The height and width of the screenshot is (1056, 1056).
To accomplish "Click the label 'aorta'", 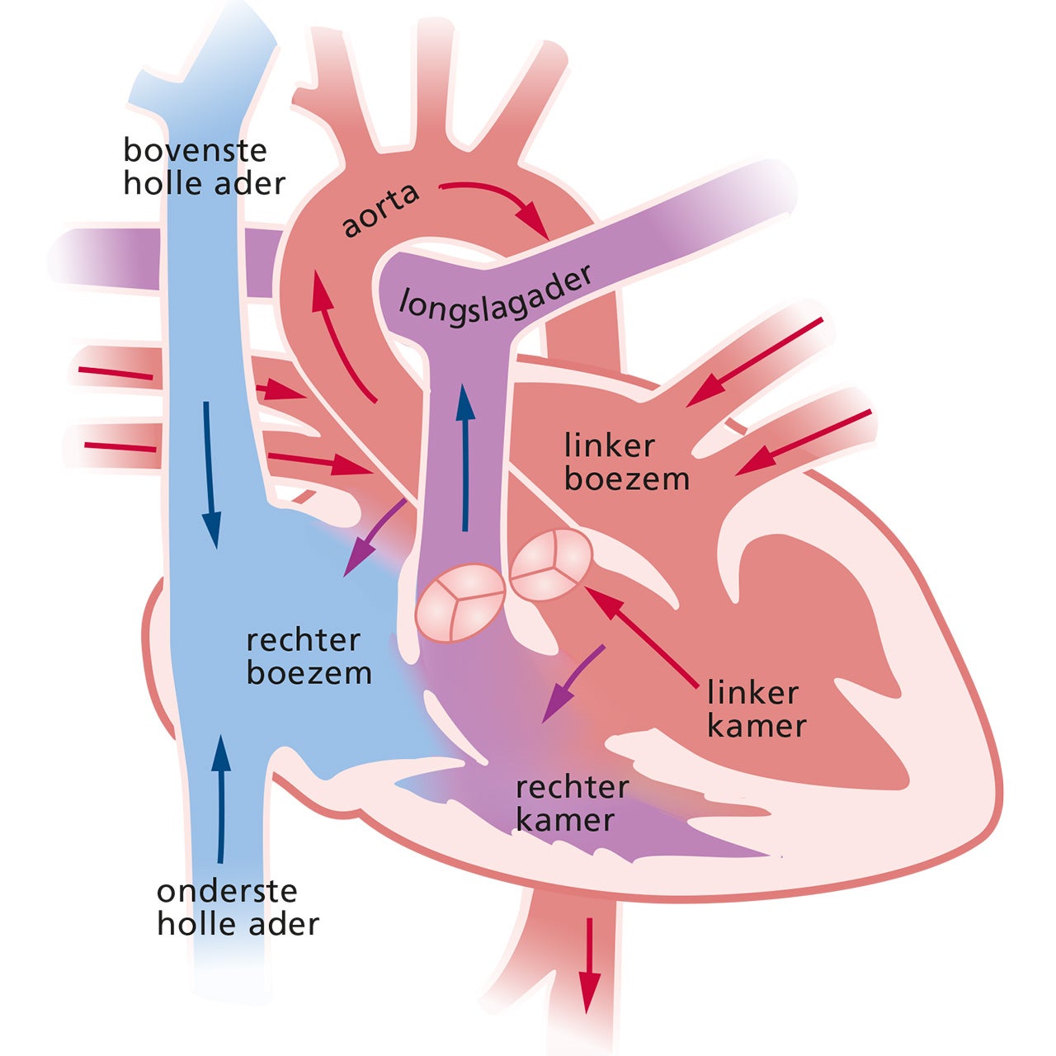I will tap(381, 210).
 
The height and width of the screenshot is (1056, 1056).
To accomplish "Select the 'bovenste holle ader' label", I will tap(204, 167).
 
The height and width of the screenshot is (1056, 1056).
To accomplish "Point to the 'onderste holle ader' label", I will tap(238, 907).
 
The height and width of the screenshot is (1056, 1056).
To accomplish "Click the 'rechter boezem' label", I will tap(309, 657).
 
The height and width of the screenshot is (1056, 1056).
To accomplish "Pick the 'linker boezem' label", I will tap(627, 462).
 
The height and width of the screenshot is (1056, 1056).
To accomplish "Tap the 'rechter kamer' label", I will tap(572, 803).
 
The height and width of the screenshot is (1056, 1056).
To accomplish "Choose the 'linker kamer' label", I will tap(757, 709).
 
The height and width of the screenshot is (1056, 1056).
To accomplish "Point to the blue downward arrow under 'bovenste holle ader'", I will tap(210, 474).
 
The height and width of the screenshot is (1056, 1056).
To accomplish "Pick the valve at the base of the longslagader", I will tap(459, 602).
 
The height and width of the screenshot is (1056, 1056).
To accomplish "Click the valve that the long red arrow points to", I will tap(550, 563).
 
